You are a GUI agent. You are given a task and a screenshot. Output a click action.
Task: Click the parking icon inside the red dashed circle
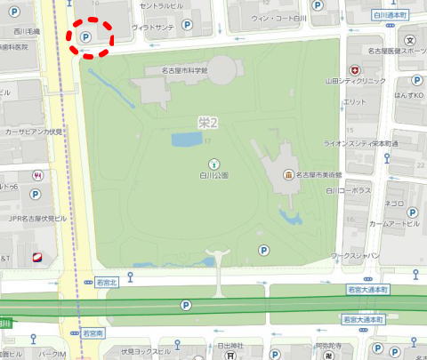86,37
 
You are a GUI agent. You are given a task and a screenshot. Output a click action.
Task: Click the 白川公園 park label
213,175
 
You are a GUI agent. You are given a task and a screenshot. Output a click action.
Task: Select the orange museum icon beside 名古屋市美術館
288,174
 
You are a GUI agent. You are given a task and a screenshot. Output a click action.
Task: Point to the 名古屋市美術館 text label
324,174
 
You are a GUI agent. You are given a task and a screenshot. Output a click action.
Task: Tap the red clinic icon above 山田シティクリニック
354,69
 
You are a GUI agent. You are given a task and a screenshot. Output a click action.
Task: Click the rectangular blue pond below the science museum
187,139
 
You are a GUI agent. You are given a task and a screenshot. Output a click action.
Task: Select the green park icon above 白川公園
213,163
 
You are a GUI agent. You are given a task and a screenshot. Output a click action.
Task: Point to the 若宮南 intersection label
93,333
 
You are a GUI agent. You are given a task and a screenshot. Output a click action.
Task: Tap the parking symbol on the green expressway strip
186,305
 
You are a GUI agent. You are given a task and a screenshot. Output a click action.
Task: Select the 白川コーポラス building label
348,190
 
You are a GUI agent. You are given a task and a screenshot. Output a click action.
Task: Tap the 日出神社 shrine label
230,345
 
